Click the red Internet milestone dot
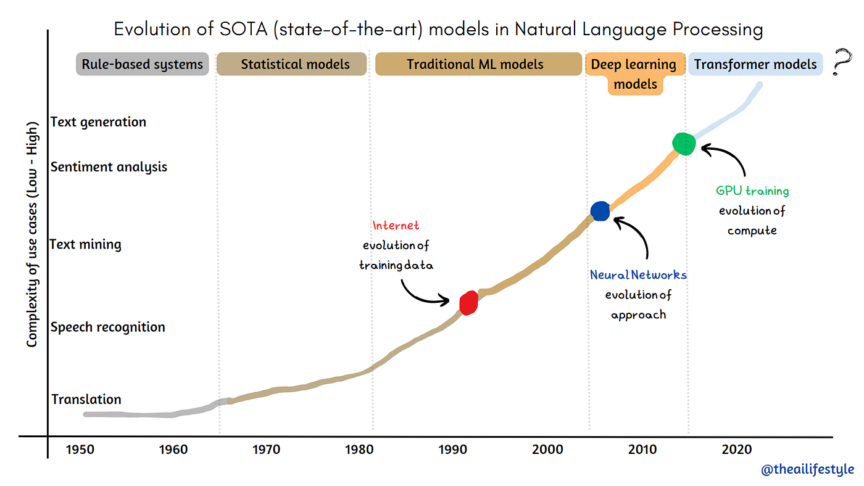click(x=469, y=302)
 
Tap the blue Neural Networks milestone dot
click(x=600, y=211)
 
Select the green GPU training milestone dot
click(x=684, y=144)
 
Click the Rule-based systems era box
click(x=143, y=64)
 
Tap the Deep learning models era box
click(x=635, y=73)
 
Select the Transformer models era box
click(x=755, y=64)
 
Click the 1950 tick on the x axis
click(x=80, y=450)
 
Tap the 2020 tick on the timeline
click(x=736, y=450)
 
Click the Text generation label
click(x=98, y=122)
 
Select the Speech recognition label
click(x=108, y=327)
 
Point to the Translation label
click(x=86, y=399)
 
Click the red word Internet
click(x=396, y=226)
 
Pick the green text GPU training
click(x=752, y=191)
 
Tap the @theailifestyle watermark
click(x=806, y=470)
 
